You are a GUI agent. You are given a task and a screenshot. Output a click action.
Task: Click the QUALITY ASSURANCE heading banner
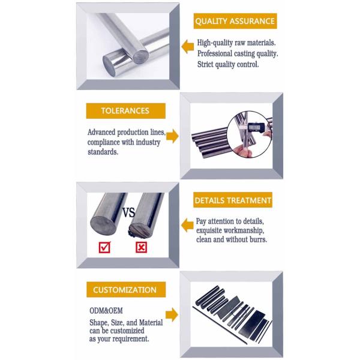[x=235, y=21]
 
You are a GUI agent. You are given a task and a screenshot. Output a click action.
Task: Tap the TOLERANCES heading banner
[x=125, y=111]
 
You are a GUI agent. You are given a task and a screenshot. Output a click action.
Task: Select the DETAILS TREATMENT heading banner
[x=233, y=200]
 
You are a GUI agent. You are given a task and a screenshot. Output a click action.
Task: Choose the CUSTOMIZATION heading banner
[x=126, y=290]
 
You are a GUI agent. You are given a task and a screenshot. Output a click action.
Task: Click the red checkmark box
[x=104, y=247]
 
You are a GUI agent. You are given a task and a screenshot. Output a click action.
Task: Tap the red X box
[x=141, y=247]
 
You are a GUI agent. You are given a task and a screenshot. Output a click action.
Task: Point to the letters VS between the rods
[x=128, y=212]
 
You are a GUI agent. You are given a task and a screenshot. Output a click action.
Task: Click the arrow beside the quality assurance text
[x=188, y=47]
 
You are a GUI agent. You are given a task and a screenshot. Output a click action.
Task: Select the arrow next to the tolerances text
[x=172, y=136]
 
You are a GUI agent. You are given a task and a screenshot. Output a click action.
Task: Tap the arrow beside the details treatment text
[x=187, y=225]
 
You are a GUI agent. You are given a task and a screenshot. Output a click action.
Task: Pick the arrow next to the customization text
[x=172, y=314]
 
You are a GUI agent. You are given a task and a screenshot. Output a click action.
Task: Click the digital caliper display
[x=256, y=127]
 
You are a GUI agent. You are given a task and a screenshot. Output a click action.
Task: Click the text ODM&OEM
[x=106, y=311]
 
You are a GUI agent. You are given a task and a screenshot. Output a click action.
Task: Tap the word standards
[x=103, y=152]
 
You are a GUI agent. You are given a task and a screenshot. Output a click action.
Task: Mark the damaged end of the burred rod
[x=140, y=230]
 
